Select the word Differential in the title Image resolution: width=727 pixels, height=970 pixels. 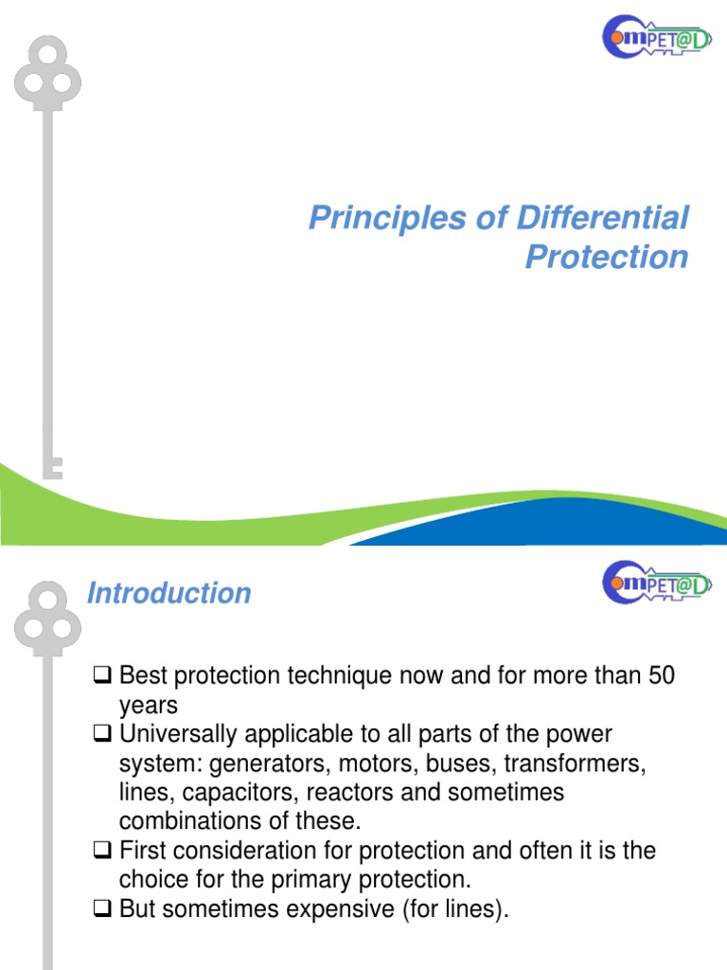[602, 218]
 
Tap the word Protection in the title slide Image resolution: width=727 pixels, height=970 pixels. [607, 257]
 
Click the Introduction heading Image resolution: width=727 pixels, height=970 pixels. [168, 594]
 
